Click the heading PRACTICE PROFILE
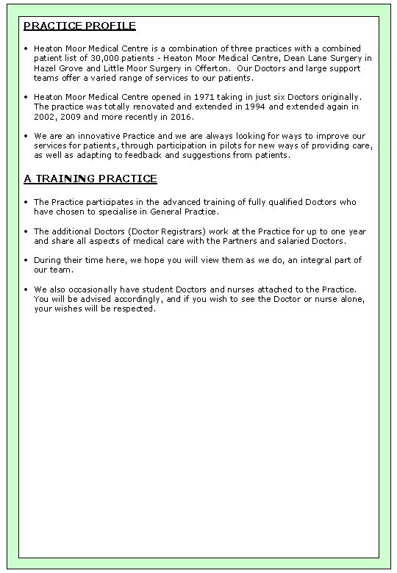[79, 26]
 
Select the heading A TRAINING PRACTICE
[90, 179]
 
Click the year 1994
[231, 107]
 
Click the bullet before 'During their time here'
[26, 260]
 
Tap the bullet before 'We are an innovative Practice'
[26, 136]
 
